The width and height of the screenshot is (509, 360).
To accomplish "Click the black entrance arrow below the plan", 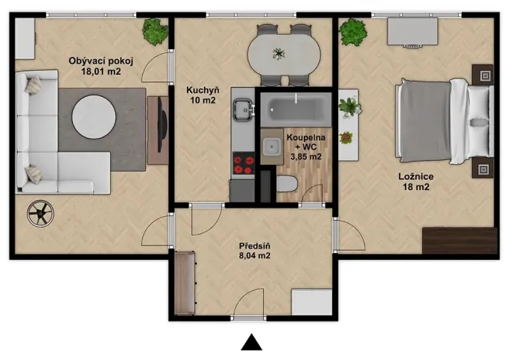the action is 251,343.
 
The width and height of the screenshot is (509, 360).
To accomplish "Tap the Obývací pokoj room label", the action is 101,61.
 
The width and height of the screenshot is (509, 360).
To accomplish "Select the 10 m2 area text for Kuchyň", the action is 203,100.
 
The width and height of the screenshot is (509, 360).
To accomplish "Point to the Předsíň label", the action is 254,245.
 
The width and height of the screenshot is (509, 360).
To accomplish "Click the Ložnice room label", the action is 416,176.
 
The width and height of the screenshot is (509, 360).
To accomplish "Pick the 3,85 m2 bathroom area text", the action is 306,157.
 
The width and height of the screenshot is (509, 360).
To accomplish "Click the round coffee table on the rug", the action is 94,117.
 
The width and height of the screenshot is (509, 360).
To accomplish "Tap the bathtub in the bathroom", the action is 296,109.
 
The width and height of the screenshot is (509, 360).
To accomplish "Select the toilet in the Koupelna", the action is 287,184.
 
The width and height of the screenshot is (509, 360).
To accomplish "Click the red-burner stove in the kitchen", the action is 244,165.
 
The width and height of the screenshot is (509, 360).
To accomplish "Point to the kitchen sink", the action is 243,110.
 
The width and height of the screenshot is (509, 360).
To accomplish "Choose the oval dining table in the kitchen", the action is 284,55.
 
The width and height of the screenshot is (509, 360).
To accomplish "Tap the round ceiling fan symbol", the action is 41,213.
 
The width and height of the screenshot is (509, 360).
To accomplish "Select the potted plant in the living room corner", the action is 155,32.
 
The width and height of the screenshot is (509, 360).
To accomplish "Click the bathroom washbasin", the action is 271,146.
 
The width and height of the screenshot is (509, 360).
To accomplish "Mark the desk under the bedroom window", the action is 413,32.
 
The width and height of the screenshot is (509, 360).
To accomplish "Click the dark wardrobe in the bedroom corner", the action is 460,241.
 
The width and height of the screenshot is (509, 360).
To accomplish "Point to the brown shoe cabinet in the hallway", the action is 185,283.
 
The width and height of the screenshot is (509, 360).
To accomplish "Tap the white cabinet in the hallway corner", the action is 311,302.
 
